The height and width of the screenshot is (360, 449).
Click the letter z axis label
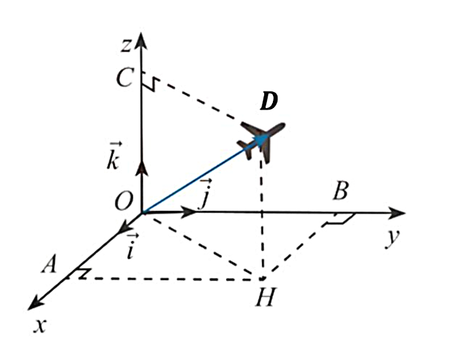pos(125,45)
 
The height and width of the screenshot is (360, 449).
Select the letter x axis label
pos(40,326)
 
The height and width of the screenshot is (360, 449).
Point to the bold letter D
pos(269,102)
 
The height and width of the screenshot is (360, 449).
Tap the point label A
pos(49,264)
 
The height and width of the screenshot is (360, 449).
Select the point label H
pos(266,297)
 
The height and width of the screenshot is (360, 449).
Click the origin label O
pos(123,201)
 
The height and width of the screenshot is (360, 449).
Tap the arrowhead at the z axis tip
pos(141,41)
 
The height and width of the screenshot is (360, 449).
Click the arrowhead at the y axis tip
pos(396,212)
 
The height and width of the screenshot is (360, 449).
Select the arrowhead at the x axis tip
pos(34,303)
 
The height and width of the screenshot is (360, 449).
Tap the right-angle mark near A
pos(81,273)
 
